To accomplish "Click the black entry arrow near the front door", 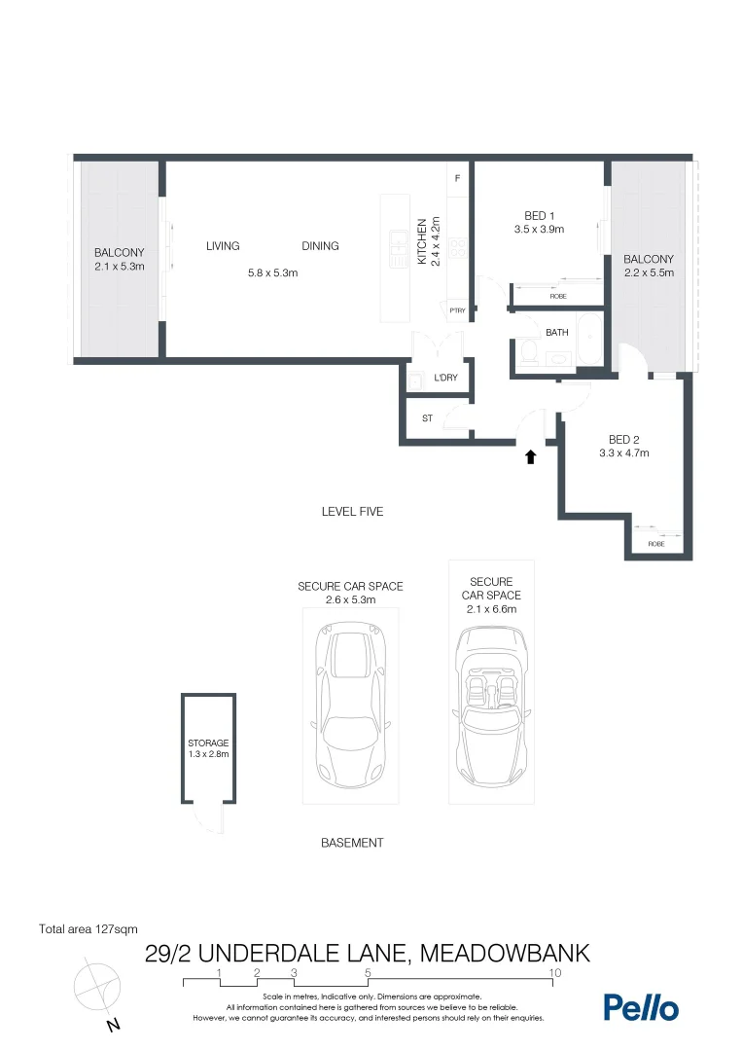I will point(530,456).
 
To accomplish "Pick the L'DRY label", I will point(446,379).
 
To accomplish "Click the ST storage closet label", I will point(427,419).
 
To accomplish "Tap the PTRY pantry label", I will point(457,311).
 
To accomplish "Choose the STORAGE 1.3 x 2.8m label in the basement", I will point(208,748).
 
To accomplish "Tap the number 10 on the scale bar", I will point(554,972).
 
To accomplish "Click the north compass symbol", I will point(98,988).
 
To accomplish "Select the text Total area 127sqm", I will point(87,928).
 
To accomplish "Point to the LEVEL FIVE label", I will point(352,511).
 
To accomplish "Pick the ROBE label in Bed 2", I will point(657,544).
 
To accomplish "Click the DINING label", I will point(320,246).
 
